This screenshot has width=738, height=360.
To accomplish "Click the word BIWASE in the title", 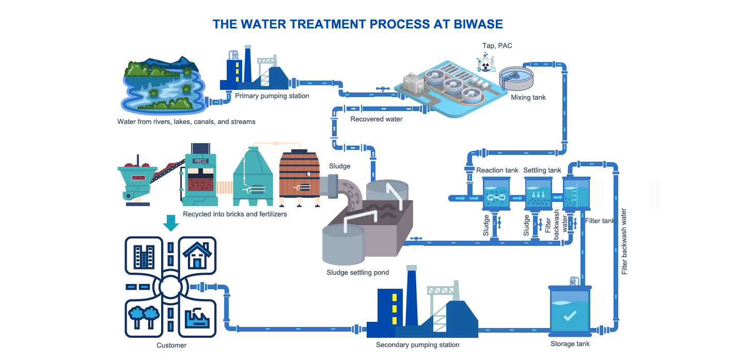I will (x=474, y=24).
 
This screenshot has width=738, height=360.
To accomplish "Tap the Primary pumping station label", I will (x=272, y=96).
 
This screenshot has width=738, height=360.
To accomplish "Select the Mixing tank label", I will (x=528, y=97).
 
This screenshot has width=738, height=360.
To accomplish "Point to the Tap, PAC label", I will (x=497, y=46).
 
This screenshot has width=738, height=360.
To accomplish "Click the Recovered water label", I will (x=376, y=119).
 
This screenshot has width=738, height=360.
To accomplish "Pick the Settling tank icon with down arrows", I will (x=539, y=194).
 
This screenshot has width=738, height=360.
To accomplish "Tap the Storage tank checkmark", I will (x=570, y=316).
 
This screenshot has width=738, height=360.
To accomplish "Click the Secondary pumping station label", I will (x=417, y=345).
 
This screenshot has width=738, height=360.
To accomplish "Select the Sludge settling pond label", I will (x=357, y=272).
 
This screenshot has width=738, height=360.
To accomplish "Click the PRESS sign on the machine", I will (x=200, y=161).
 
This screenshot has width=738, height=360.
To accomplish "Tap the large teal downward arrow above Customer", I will (x=170, y=223).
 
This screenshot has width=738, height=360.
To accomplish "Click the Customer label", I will (x=171, y=345).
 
